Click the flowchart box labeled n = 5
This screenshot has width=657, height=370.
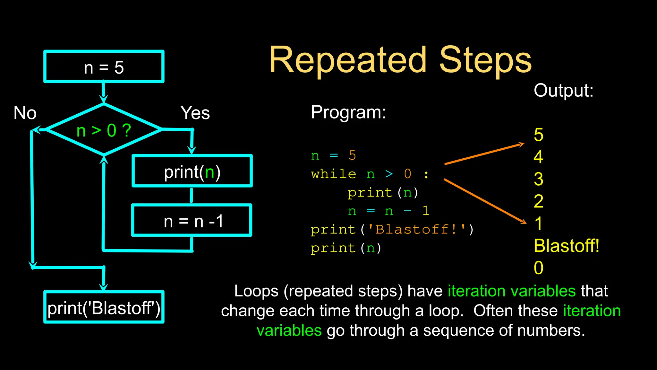[104, 67]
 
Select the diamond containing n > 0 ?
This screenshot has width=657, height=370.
[104, 130]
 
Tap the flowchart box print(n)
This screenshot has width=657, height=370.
[192, 172]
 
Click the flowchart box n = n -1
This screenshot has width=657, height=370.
[192, 221]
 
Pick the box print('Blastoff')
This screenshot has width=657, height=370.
[104, 307]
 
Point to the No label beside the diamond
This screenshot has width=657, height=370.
[25, 113]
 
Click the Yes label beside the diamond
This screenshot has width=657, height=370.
[195, 113]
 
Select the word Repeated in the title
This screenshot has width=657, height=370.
[348, 60]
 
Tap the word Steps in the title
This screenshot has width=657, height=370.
[485, 60]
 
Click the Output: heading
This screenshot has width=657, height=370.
[563, 91]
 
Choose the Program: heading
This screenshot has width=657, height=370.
[348, 112]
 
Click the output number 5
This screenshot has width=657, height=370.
[539, 135]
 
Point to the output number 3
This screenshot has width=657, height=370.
[539, 179]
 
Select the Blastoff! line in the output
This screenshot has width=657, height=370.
[567, 246]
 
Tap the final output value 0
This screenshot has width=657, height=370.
[539, 268]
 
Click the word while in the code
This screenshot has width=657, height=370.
[334, 174]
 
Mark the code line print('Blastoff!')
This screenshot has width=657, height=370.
[392, 230]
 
